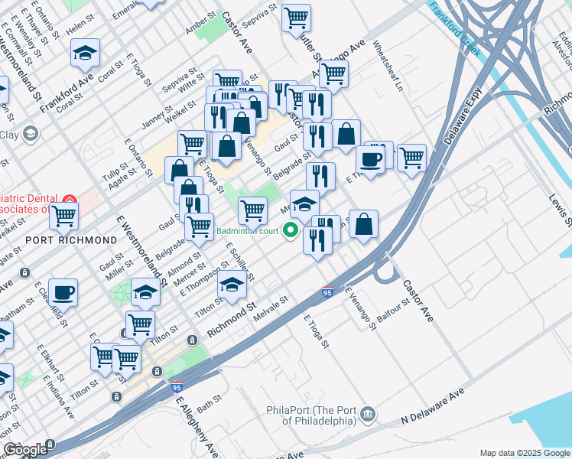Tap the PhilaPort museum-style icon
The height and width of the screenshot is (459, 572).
point(368,414)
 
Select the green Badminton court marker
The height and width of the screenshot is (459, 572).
point(291,229)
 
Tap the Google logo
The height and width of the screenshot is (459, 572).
point(25,450)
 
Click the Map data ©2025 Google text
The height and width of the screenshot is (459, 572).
point(525,453)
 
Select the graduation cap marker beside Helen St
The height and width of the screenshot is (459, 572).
point(86,53)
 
